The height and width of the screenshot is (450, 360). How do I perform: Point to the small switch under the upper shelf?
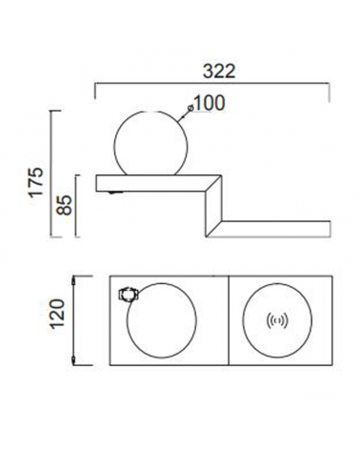pyautogui.click(x=115, y=194)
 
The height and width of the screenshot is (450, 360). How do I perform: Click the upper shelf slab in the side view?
pyautogui.click(x=152, y=183)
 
